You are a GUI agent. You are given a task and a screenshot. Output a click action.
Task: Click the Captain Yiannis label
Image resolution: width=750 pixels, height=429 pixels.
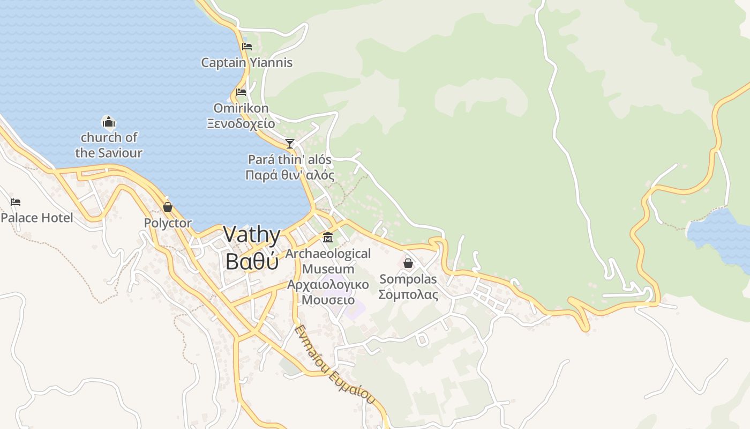tap(246, 63)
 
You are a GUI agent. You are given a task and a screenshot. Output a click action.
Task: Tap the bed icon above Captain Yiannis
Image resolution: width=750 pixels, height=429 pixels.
tap(247, 47)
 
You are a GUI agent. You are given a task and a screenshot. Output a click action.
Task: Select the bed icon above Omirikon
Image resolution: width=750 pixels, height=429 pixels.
tap(241, 92)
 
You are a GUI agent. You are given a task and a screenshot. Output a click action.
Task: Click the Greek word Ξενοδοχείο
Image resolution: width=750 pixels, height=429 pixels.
tap(241, 124)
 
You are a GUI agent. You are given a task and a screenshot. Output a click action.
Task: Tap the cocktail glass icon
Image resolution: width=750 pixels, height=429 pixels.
tap(290, 144)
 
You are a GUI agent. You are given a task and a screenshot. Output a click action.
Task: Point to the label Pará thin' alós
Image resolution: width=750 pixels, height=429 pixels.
tap(289, 160)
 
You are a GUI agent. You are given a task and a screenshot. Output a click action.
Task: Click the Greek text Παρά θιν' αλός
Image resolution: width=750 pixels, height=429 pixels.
tap(289, 175)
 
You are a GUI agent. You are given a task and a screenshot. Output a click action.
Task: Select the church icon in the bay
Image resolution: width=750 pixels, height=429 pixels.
tap(109, 123)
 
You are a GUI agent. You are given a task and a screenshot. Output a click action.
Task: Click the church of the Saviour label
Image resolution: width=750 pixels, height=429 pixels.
tap(109, 145)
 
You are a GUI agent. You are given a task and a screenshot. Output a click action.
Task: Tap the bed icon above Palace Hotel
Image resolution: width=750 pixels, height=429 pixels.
tap(16, 202)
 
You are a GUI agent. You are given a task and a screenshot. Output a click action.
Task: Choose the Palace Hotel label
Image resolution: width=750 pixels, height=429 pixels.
tap(37, 218)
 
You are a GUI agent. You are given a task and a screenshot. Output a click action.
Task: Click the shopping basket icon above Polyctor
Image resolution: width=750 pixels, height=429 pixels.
tap(168, 207)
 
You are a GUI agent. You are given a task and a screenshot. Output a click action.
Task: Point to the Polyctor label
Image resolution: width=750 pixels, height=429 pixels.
tap(168, 223)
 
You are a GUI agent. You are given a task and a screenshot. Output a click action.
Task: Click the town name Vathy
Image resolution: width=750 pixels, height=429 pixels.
tap(252, 235)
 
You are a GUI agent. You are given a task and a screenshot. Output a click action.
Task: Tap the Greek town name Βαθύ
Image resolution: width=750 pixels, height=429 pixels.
tap(252, 261)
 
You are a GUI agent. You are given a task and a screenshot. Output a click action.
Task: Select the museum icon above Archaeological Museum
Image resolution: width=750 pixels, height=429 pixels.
tap(328, 238)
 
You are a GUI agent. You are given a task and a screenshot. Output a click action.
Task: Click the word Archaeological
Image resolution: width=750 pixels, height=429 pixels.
tap(328, 254)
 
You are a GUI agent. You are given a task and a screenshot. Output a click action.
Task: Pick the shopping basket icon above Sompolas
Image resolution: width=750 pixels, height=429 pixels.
tap(408, 263)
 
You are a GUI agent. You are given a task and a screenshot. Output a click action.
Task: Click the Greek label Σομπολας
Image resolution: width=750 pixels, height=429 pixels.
tap(408, 294)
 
